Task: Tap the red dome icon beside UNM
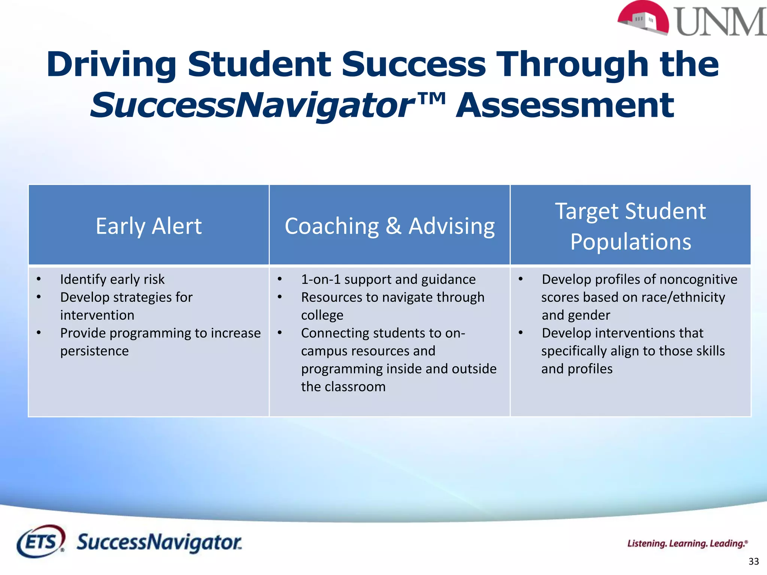643,19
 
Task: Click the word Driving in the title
111,64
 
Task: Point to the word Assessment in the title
565,106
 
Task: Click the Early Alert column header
149,226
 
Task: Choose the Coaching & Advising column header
389,226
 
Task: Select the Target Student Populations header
630,226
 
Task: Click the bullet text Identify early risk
112,279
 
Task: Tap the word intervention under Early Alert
97,315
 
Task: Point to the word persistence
94,351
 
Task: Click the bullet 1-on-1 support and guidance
388,279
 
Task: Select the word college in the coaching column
322,315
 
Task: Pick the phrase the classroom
343,387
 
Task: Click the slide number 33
754,562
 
